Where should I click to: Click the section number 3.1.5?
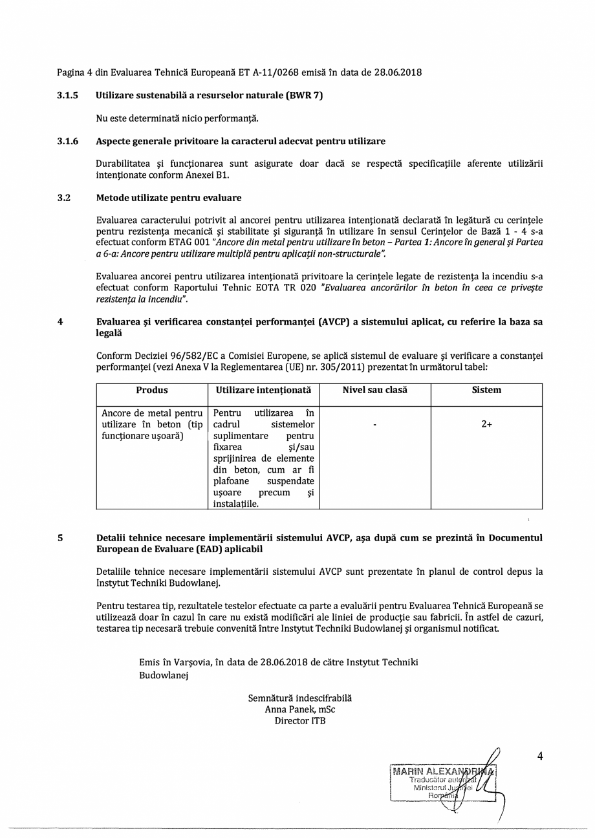67,96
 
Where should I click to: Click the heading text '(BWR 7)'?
304,96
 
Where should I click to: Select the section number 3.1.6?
67,141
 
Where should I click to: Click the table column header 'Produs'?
152,391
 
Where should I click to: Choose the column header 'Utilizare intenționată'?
263,391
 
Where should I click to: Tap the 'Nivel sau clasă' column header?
375,391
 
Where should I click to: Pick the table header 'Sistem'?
486,391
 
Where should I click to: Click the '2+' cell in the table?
486,425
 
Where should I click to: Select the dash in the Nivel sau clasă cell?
375,425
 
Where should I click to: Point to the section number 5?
60,538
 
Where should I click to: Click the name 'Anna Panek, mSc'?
300,709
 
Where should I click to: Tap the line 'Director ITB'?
300,720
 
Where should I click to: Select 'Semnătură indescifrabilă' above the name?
300,698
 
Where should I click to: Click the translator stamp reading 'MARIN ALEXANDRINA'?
443,772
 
